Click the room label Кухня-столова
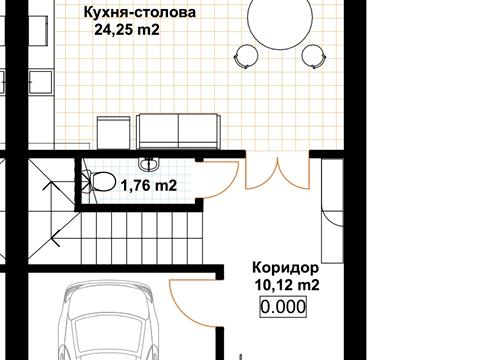[x=139, y=14]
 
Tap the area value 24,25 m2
[x=127, y=31]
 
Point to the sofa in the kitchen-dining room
[x=170, y=131]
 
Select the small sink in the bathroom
[x=150, y=162]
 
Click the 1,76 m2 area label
[x=149, y=185]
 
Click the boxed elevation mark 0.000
[x=283, y=308]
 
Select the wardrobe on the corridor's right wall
[x=330, y=225]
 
